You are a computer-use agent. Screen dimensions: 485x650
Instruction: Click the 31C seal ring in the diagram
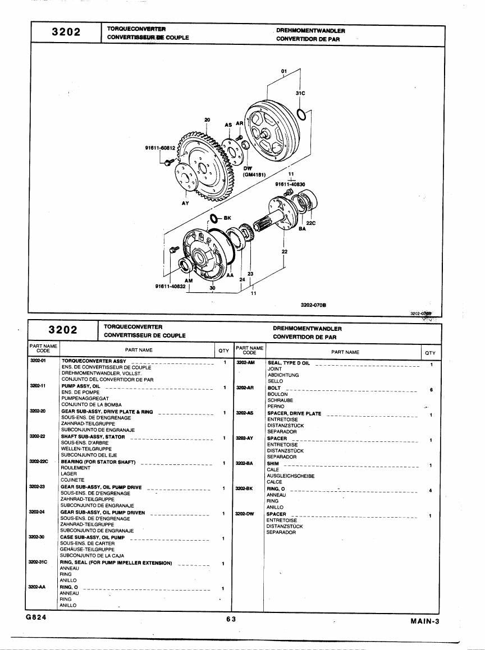click(x=298, y=114)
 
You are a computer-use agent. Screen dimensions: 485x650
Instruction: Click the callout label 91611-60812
click(x=160, y=147)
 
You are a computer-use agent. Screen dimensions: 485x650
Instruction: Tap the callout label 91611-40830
click(x=290, y=184)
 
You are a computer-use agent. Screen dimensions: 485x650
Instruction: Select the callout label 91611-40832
click(x=170, y=286)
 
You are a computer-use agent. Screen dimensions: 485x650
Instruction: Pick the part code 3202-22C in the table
click(x=39, y=462)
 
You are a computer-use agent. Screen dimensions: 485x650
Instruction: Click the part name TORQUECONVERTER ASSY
click(x=94, y=361)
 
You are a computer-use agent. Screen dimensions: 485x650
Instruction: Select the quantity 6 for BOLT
click(x=432, y=390)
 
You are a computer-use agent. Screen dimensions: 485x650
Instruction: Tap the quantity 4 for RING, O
click(x=431, y=491)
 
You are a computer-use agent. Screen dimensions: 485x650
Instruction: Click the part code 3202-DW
click(x=244, y=514)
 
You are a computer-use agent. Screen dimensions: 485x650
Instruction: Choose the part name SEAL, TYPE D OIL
click(x=289, y=363)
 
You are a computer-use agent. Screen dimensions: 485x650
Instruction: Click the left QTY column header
click(x=223, y=351)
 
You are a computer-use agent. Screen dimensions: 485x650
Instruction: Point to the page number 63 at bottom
click(x=231, y=619)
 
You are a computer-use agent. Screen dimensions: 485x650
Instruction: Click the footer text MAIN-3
click(x=424, y=621)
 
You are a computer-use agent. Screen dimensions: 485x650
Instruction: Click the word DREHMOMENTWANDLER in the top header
click(x=310, y=31)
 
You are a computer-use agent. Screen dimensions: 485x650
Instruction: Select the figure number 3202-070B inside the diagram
click(x=313, y=305)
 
